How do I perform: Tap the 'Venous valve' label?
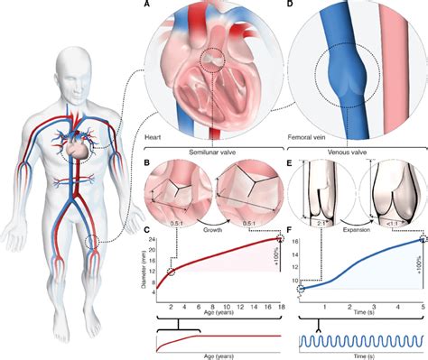pyautogui.click(x=354, y=153)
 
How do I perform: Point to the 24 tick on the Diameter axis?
pyautogui.click(x=154, y=239)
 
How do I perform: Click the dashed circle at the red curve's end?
pyautogui.click(x=281, y=239)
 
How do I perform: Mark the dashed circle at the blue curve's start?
pyautogui.click(x=302, y=290)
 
